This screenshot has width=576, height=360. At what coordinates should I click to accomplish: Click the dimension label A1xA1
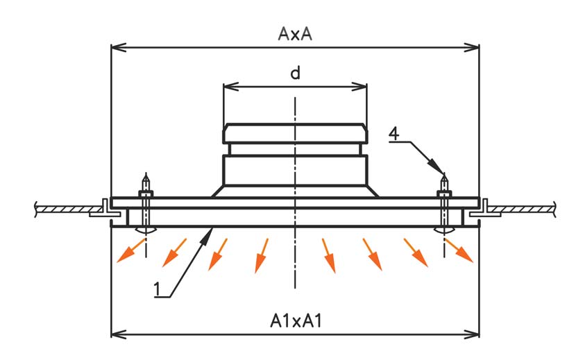pyautogui.click(x=295, y=321)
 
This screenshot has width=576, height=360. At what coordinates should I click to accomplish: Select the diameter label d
pyautogui.click(x=295, y=74)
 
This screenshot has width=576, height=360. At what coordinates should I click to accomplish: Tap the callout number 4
pyautogui.click(x=393, y=134)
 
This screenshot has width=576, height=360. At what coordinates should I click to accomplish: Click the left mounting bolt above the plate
pyautogui.click(x=145, y=186)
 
